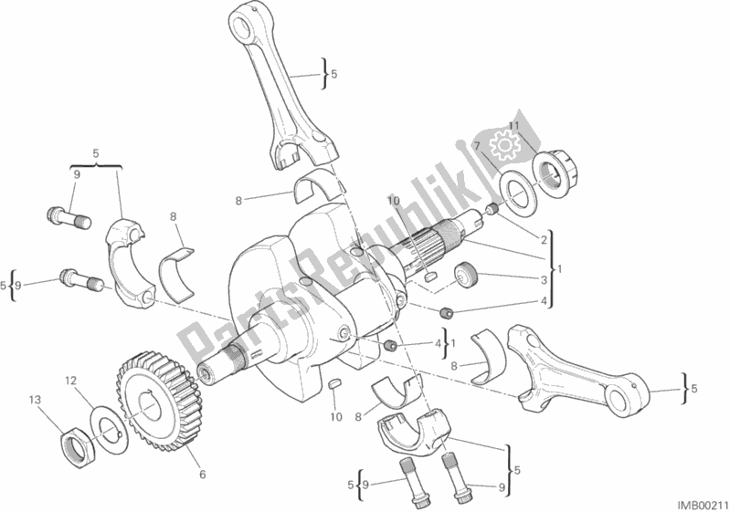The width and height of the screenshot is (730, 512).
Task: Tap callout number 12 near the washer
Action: click(69, 379)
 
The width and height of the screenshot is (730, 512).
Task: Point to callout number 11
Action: click(513, 125)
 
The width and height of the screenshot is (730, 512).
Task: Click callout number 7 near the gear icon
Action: click(475, 146)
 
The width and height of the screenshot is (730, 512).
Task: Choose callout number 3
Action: click(542, 280)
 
